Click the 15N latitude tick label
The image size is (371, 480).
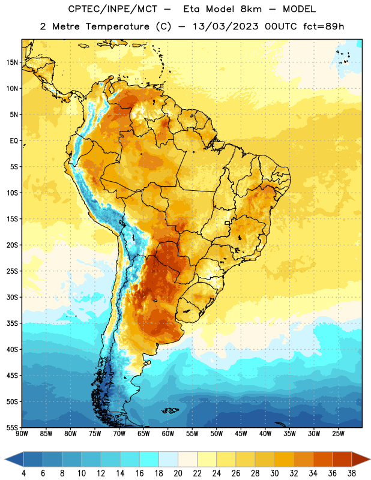coord(12,62)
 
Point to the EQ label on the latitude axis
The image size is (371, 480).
coord(14,141)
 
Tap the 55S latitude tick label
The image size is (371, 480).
coord(12,427)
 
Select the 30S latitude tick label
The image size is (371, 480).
coord(12,297)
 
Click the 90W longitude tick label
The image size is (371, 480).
coord(22,434)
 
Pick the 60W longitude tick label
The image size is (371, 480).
coord(168,434)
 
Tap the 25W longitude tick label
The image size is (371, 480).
coord(338,434)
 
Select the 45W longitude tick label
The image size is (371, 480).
coord(241,434)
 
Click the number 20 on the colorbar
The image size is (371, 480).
coord(178,473)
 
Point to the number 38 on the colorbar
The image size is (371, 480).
coord(352,473)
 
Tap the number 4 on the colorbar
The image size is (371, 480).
coord(23,473)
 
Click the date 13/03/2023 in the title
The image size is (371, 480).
coord(226,26)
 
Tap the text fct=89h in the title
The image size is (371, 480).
coord(324,26)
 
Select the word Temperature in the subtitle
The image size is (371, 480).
coord(117,26)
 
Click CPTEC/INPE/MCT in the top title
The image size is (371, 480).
coord(112,9)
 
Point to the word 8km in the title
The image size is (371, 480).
coord(251,9)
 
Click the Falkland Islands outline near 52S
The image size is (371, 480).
coord(170,410)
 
